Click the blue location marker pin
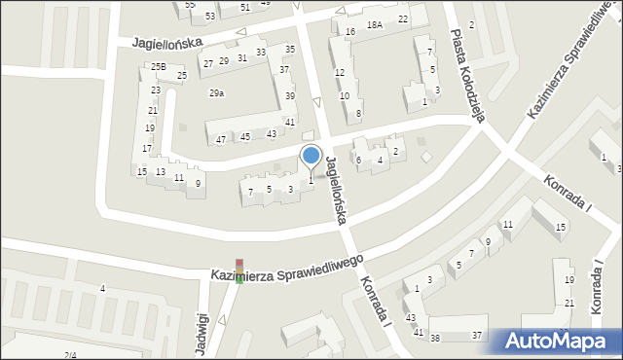[x=311, y=156]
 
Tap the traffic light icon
[x=239, y=270]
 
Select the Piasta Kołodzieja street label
[x=467, y=67]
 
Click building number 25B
[x=158, y=66]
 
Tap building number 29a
[x=217, y=93]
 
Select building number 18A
[x=375, y=24]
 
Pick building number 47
[x=221, y=140]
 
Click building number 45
[x=245, y=136]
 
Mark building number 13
[x=161, y=172]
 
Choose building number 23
[x=156, y=90]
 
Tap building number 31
[x=242, y=57]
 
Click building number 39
[x=290, y=95]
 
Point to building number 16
[x=350, y=32]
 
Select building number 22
[x=403, y=19]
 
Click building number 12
[x=340, y=73]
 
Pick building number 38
[x=435, y=338]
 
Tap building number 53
[x=210, y=17]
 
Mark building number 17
[x=146, y=149]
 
